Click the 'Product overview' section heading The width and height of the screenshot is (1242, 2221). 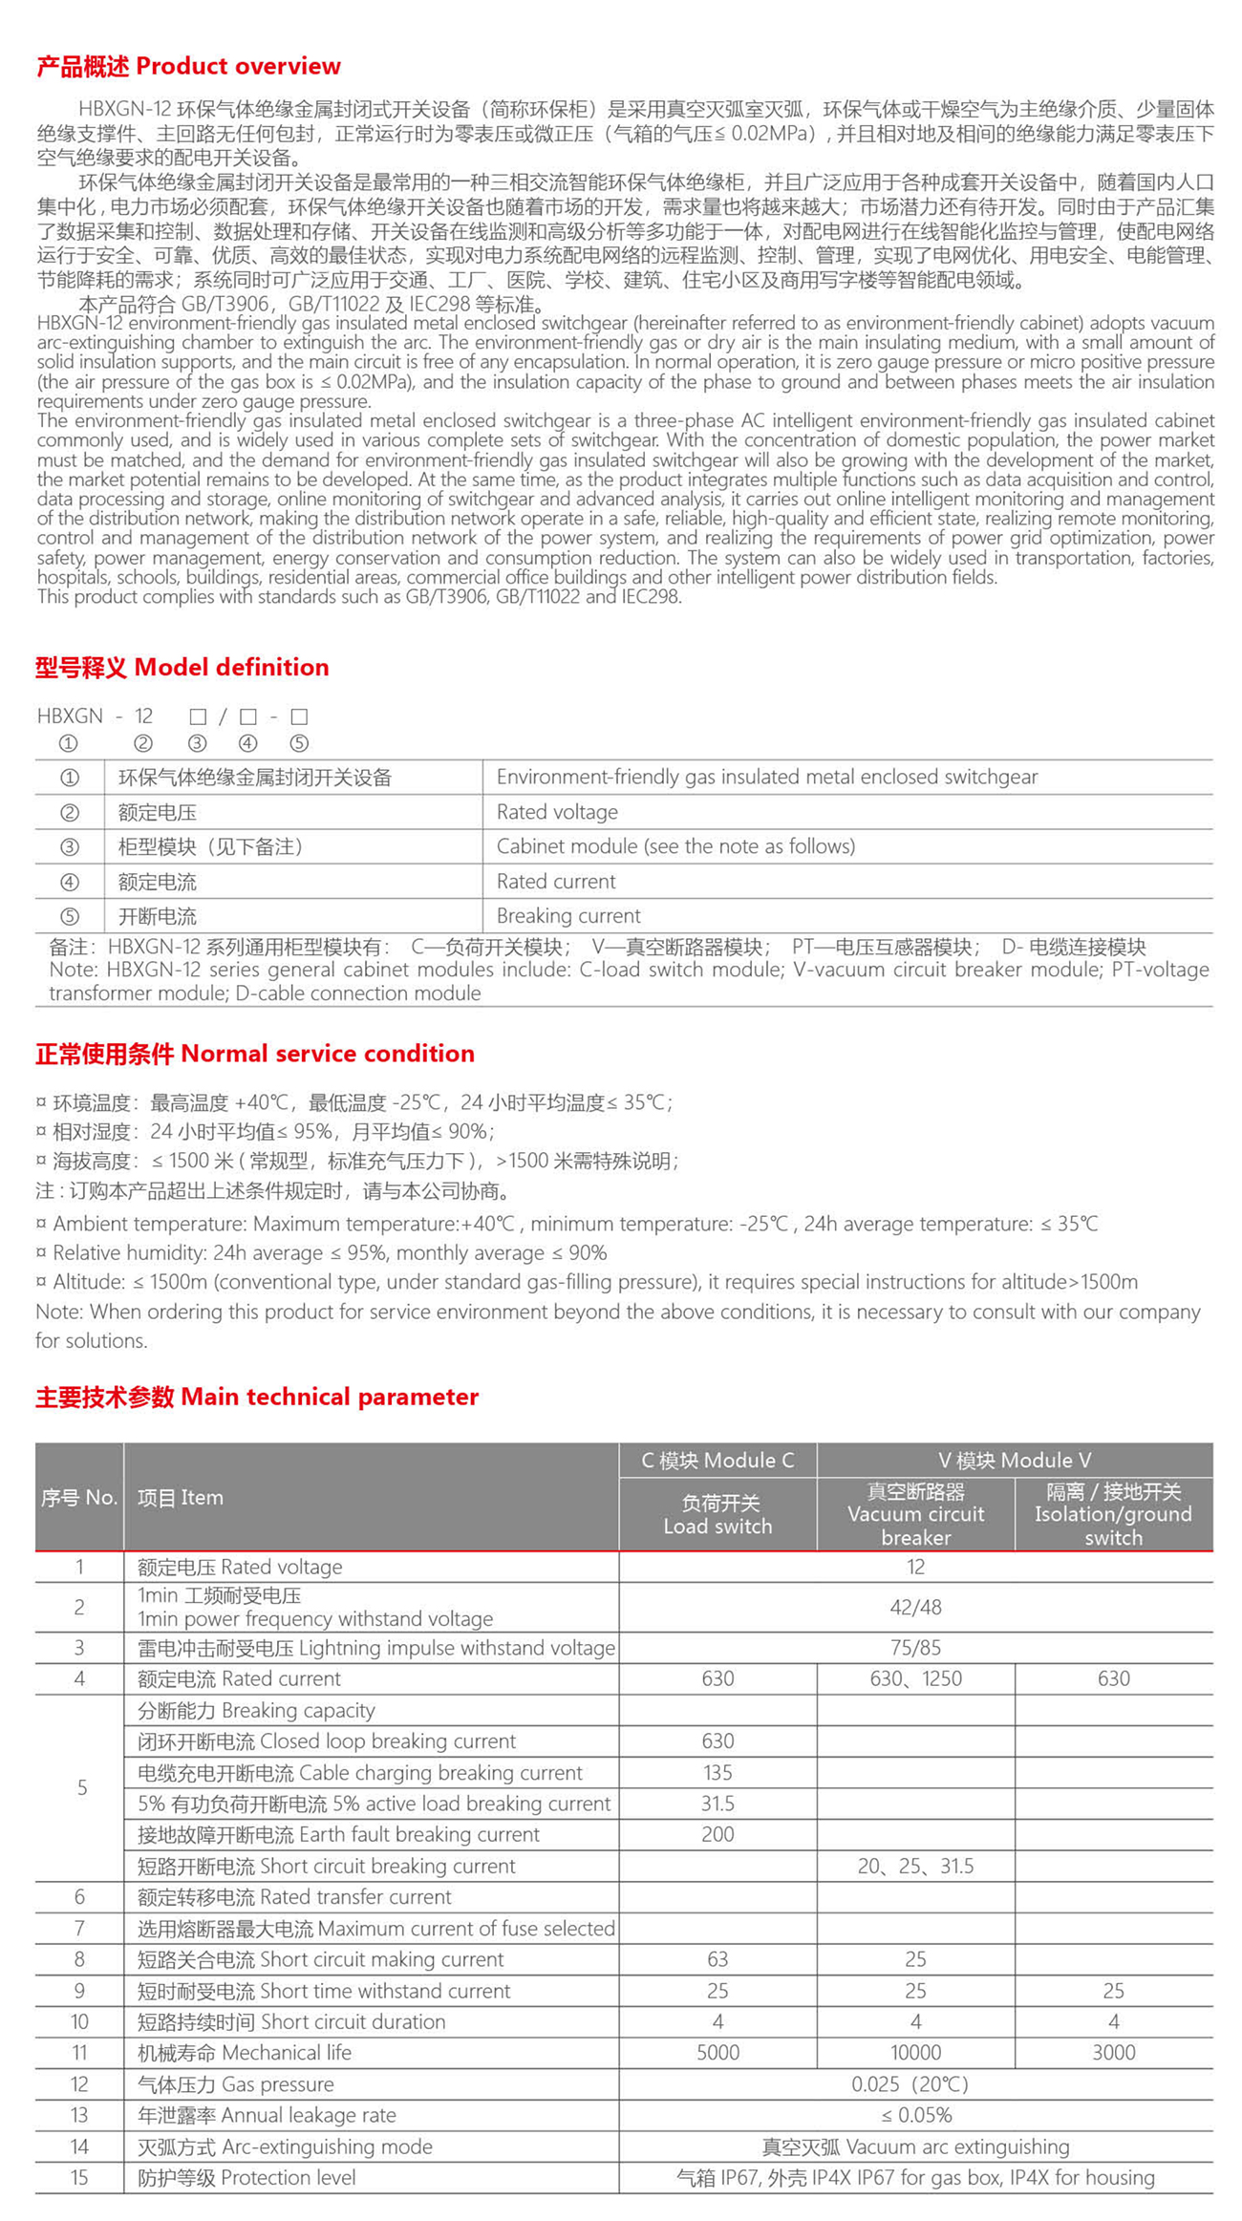click(188, 66)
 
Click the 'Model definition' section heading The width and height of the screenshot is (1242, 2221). click(182, 667)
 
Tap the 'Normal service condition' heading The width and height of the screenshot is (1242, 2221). click(254, 1054)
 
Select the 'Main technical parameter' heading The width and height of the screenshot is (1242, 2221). click(256, 1397)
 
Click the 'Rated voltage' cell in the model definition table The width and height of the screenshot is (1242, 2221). click(557, 812)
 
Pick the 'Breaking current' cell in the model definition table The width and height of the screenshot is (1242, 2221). click(568, 916)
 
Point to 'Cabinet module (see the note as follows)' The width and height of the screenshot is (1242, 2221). click(675, 846)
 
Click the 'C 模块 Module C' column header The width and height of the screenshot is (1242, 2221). click(717, 1461)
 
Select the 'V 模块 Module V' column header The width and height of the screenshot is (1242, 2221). click(1014, 1461)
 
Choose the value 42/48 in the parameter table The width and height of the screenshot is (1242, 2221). click(915, 1608)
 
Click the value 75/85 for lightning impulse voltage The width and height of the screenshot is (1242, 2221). click(915, 1648)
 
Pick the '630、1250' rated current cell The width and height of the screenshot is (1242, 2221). click(915, 1678)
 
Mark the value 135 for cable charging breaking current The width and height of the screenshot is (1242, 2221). click(717, 1773)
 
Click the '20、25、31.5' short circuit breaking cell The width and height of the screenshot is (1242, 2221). click(915, 1867)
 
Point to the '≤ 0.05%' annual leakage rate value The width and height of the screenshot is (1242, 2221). click(915, 2115)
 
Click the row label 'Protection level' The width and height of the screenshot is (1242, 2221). click(246, 2178)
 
